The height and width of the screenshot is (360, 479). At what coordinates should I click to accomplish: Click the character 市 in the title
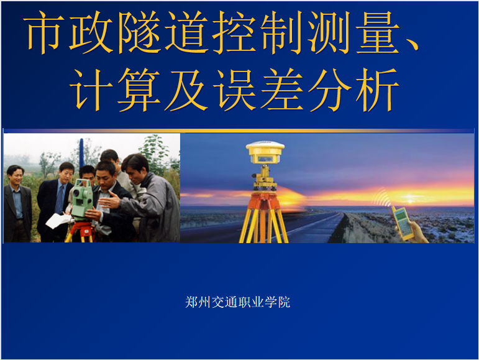(45, 32)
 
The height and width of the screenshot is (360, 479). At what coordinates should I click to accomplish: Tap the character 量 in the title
(378, 32)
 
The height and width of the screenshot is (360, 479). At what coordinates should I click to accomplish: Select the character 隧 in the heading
(140, 32)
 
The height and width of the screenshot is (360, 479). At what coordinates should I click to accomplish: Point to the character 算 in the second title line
(139, 90)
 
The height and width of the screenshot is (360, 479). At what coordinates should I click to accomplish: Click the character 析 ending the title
(378, 90)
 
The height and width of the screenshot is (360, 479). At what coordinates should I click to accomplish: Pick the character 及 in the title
(186, 90)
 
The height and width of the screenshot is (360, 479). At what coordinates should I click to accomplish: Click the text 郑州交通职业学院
(237, 302)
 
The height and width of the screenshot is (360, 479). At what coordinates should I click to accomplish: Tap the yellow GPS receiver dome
(265, 152)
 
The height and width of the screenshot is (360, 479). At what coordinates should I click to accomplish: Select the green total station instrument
(81, 198)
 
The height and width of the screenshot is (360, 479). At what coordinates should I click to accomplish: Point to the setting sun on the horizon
(410, 200)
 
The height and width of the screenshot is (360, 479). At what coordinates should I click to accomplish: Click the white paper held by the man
(58, 220)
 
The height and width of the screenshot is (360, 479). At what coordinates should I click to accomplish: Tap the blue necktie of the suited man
(59, 199)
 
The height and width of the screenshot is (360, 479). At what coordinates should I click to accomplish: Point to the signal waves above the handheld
(381, 198)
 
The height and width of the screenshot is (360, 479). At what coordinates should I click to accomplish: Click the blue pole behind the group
(81, 154)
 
